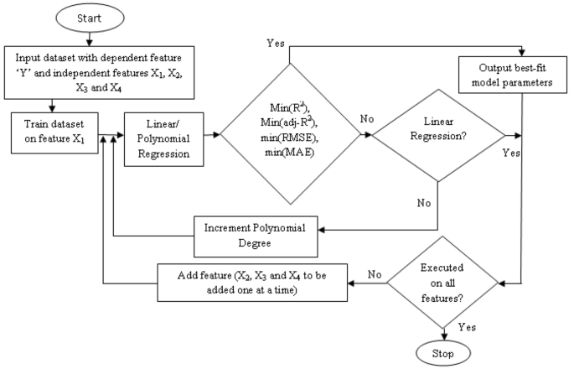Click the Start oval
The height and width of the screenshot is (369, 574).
pos(90,18)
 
